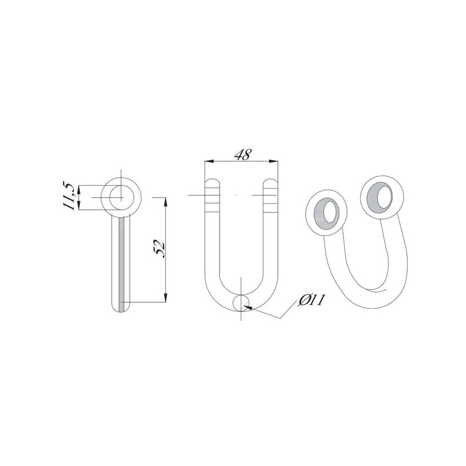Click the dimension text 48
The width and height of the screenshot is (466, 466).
pyautogui.click(x=243, y=154)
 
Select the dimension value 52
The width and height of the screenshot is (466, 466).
pyautogui.click(x=160, y=249)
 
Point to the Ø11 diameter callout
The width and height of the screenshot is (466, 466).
pyautogui.click(x=310, y=300)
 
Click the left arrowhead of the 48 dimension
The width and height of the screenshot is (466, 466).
pyautogui.click(x=209, y=161)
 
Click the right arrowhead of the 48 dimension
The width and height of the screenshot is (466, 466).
pyautogui.click(x=273, y=161)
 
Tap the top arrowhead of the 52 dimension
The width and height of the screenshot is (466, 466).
pyautogui.click(x=166, y=202)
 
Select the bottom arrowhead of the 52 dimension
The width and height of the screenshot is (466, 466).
pyautogui.click(x=166, y=298)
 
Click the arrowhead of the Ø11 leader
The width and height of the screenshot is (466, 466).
pyautogui.click(x=249, y=308)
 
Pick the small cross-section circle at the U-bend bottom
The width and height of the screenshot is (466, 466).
pyautogui.click(x=242, y=303)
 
